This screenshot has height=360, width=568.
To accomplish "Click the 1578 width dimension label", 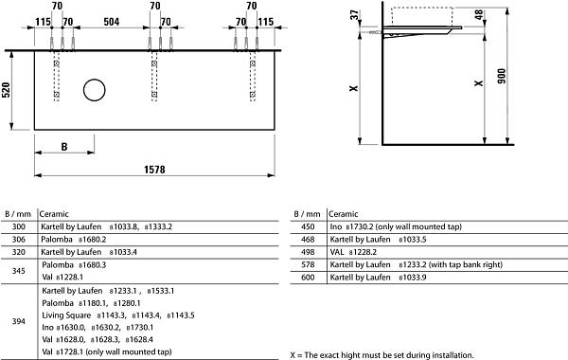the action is (x=154, y=170).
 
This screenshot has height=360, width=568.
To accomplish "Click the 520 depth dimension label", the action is (x=7, y=90).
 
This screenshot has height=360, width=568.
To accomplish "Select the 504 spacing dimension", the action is (x=111, y=22).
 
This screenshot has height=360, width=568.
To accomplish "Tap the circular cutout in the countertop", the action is (x=94, y=90).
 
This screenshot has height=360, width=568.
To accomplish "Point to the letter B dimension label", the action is (x=64, y=147).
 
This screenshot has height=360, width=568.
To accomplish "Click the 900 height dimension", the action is (x=502, y=76).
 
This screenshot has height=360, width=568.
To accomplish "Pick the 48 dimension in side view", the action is (x=479, y=15).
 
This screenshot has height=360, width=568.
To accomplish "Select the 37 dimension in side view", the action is (x=355, y=15).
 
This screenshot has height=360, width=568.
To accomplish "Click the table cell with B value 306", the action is (x=19, y=240).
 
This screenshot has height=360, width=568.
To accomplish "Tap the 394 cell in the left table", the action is (x=19, y=321).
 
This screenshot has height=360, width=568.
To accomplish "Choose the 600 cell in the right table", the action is (x=308, y=278).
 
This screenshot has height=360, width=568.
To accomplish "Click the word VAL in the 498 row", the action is (x=336, y=252).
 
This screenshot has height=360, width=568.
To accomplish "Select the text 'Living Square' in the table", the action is (x=66, y=315).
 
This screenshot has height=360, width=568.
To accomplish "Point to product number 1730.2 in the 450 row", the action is (x=360, y=227).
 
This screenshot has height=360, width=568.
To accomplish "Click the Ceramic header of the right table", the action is (x=343, y=214).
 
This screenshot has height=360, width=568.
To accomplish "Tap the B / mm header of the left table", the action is (x=18, y=214).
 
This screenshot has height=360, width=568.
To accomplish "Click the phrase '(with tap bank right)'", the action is (x=466, y=264).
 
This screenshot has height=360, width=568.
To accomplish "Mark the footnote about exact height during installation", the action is (x=382, y=355).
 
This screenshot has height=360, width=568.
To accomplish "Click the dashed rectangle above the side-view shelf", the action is (x=422, y=16).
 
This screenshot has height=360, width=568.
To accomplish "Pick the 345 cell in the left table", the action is (x=19, y=271).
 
